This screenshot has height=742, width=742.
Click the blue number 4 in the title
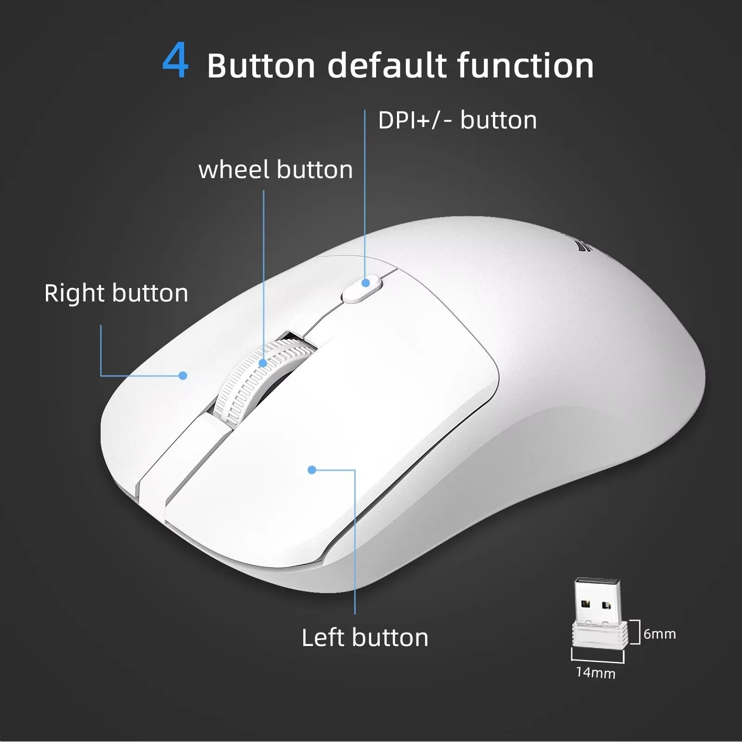[x=176, y=61]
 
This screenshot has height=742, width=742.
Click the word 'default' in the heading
[x=387, y=65]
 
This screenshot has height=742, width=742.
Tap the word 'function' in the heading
[x=525, y=65]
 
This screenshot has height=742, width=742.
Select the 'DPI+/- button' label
[x=457, y=121]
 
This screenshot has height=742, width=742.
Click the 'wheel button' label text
[x=275, y=170]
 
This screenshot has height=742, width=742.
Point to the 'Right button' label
[x=116, y=293]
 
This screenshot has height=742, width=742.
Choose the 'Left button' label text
[x=365, y=638]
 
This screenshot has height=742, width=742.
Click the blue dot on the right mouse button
[x=183, y=376]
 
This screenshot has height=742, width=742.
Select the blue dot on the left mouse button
[x=312, y=470]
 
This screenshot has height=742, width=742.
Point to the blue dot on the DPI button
[x=366, y=282]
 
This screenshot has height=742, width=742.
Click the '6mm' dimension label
[x=659, y=634]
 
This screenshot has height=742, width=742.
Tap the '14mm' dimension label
[x=595, y=672]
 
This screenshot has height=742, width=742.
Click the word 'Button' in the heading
[x=261, y=65]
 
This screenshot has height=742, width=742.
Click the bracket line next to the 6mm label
[x=636, y=632]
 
